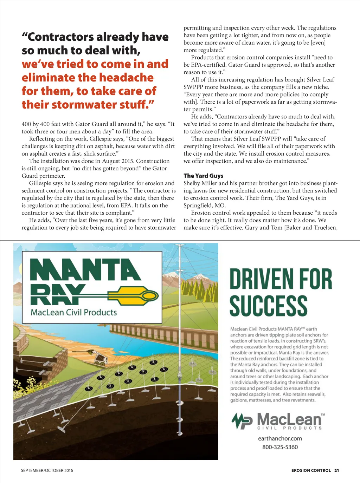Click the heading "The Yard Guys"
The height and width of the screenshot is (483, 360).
pyautogui.click(x=203, y=176)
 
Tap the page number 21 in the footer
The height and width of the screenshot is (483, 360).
pyautogui.click(x=336, y=470)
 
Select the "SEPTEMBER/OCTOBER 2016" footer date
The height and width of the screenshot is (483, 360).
pyautogui.click(x=47, y=470)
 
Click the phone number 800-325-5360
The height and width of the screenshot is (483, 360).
pyautogui.click(x=280, y=447)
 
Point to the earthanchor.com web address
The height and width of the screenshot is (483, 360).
pyautogui.click(x=280, y=438)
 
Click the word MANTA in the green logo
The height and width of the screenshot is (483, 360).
pyautogui.click(x=85, y=270)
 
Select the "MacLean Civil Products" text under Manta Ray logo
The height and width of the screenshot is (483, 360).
pyautogui.click(x=73, y=312)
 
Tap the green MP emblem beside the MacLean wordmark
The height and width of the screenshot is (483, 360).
pyautogui.click(x=242, y=420)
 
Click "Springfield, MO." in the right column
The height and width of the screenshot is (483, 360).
pyautogui.click(x=205, y=205)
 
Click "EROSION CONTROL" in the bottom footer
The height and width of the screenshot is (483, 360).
pyautogui.click(x=311, y=470)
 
